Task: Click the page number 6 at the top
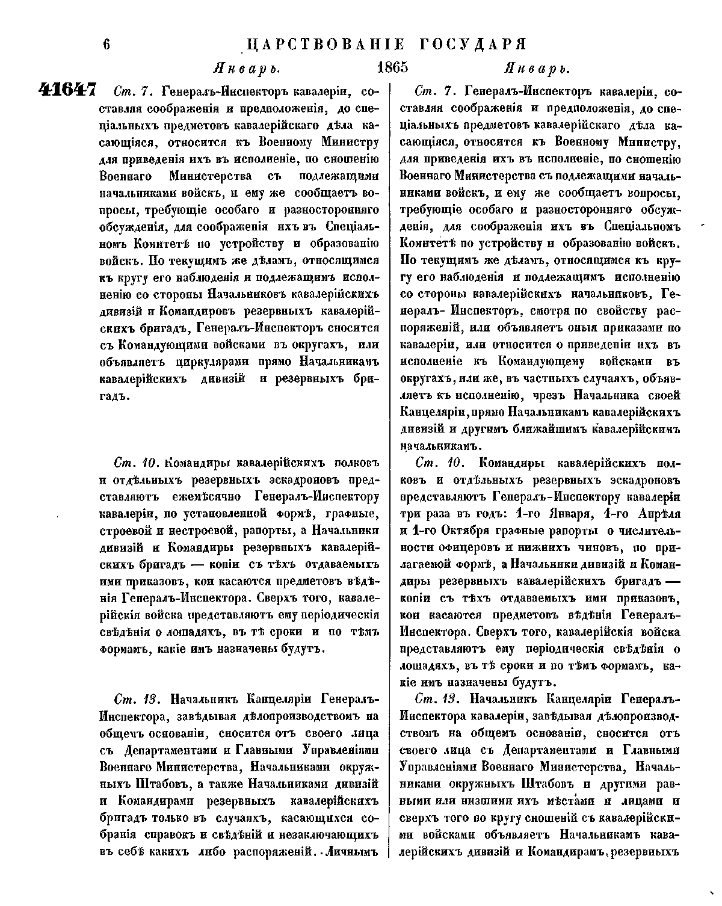coord(107,46)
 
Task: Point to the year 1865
coord(392,67)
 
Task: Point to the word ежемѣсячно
coord(205,497)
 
